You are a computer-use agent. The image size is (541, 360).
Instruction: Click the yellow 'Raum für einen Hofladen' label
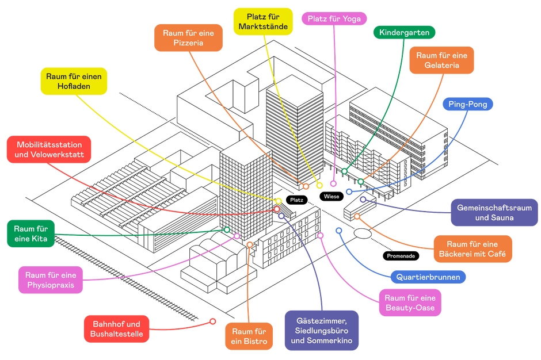click(x=74, y=81)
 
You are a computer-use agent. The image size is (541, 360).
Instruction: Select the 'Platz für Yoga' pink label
click(x=334, y=18)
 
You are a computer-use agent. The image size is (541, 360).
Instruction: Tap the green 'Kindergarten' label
click(x=405, y=32)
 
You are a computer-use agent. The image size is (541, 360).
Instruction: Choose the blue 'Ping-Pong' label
click(x=468, y=104)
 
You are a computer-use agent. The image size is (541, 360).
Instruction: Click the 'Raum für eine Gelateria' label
click(x=441, y=60)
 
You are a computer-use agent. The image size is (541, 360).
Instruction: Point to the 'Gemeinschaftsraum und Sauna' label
click(x=494, y=212)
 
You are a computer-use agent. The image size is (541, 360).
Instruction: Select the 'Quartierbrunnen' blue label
click(x=428, y=277)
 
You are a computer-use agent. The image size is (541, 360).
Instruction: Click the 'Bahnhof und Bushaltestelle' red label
click(x=117, y=329)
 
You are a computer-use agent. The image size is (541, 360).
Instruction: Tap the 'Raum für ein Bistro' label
click(x=249, y=336)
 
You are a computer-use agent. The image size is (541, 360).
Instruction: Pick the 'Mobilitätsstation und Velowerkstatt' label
click(x=49, y=150)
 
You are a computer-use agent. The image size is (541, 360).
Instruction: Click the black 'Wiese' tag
click(x=332, y=197)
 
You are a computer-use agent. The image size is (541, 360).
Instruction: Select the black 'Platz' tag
click(x=297, y=200)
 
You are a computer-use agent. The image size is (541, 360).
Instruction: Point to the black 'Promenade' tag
click(x=401, y=256)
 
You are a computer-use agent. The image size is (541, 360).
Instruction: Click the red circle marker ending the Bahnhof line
click(x=213, y=321)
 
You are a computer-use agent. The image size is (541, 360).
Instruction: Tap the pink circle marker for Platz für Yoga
click(x=333, y=183)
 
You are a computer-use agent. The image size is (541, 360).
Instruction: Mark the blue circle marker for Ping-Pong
click(x=349, y=192)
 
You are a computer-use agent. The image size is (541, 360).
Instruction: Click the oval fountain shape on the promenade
click(x=363, y=233)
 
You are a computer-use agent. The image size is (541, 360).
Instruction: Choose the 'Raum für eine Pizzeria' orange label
click(x=188, y=38)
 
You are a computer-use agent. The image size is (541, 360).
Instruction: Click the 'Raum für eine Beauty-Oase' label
click(x=410, y=302)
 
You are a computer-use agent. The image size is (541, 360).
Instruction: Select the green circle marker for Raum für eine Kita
click(x=227, y=229)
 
